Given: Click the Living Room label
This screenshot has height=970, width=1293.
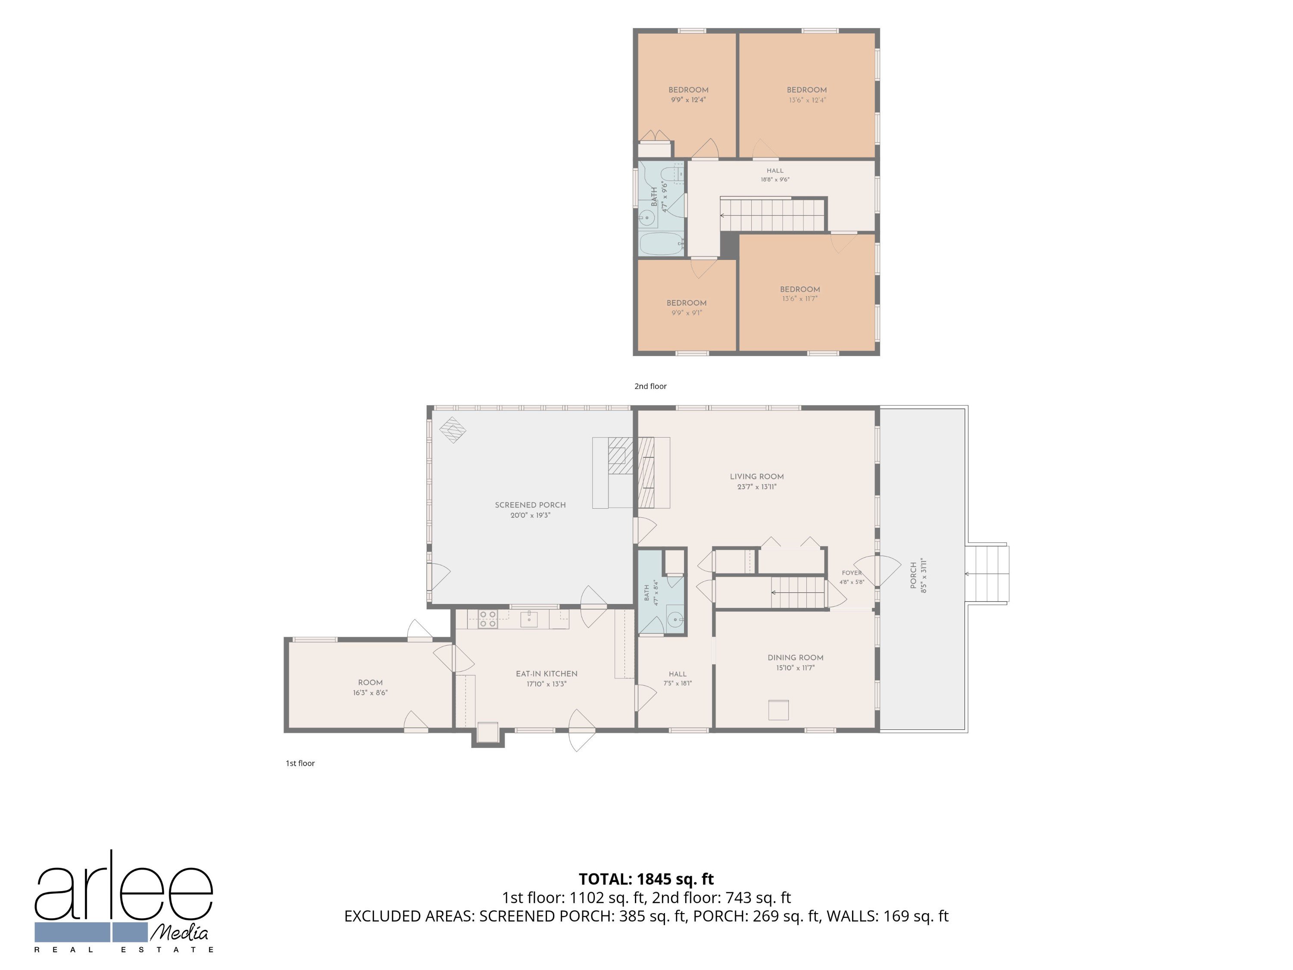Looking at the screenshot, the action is pyautogui.click(x=756, y=476).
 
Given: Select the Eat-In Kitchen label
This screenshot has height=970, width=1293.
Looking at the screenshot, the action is pyautogui.click(x=547, y=673).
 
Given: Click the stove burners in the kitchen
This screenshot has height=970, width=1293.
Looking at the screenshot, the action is pyautogui.click(x=487, y=619).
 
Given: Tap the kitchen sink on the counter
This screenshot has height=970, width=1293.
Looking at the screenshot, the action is pyautogui.click(x=529, y=619).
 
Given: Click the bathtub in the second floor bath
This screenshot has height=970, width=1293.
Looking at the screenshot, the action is pyautogui.click(x=662, y=243).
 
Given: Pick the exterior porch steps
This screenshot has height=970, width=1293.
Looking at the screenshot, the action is pyautogui.click(x=987, y=573).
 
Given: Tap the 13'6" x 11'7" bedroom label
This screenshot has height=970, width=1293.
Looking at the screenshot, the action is pyautogui.click(x=800, y=289).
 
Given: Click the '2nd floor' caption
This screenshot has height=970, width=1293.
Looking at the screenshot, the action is pyautogui.click(x=650, y=386).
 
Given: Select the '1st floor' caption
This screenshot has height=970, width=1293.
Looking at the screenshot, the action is pyautogui.click(x=300, y=763).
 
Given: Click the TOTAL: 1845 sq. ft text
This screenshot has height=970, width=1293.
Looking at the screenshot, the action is pyautogui.click(x=646, y=879).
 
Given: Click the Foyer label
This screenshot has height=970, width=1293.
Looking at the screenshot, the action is pyautogui.click(x=852, y=573).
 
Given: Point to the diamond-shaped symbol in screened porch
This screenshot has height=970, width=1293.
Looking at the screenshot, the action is pyautogui.click(x=453, y=430).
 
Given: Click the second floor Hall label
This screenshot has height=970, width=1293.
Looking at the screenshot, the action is pyautogui.click(x=775, y=171).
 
